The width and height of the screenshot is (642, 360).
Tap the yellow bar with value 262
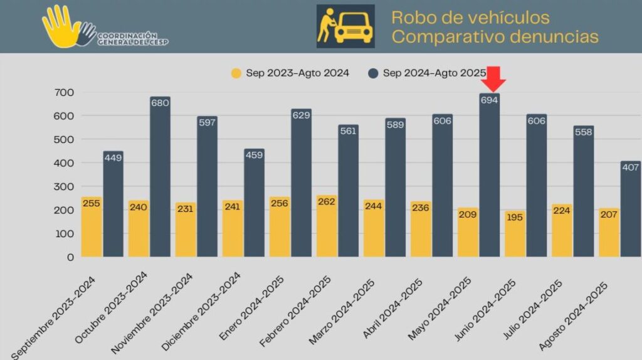[x=327, y=226]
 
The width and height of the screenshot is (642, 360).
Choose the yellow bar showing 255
[x=92, y=226]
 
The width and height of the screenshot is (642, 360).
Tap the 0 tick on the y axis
[x=70, y=257]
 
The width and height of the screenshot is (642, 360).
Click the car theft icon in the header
[x=345, y=26]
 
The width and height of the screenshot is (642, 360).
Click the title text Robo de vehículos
[x=470, y=18]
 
